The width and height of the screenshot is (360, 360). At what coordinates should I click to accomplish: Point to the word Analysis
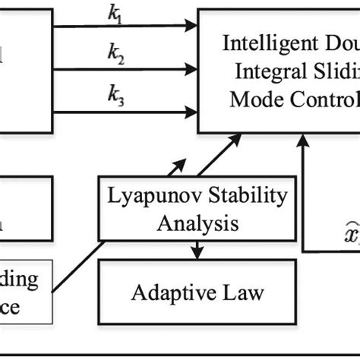click(196, 223)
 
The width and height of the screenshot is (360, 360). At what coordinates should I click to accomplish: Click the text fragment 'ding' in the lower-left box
click(21, 278)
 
